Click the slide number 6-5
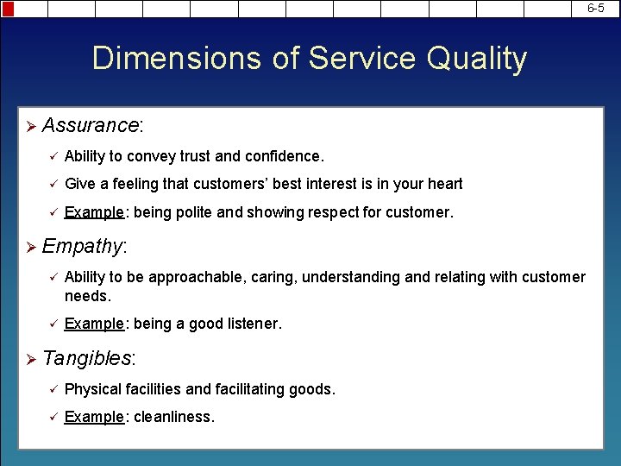click(x=596, y=9)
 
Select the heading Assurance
click(x=90, y=125)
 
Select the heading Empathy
click(x=82, y=246)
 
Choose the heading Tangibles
click(x=87, y=358)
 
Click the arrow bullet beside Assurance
click(x=31, y=126)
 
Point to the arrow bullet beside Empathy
click(x=31, y=247)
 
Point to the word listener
click(x=252, y=324)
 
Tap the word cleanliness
click(x=172, y=417)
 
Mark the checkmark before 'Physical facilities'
click(x=52, y=389)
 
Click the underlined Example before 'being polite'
click(x=94, y=211)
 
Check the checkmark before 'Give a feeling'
click(x=52, y=184)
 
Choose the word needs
click(x=87, y=296)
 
